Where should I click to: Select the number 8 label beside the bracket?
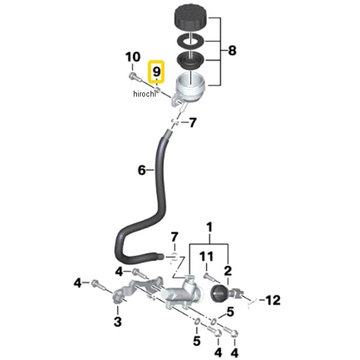click(232, 51)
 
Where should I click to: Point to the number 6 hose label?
click(142, 170)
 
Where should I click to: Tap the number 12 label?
click(272, 299)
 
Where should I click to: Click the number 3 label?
click(118, 322)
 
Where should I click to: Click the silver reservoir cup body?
click(191, 88)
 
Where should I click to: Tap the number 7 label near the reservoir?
click(192, 123)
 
